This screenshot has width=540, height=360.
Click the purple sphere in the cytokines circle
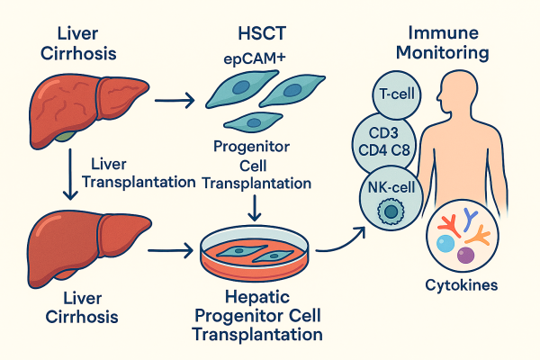pos(465,256)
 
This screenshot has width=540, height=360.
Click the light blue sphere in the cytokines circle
pos(445,245)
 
